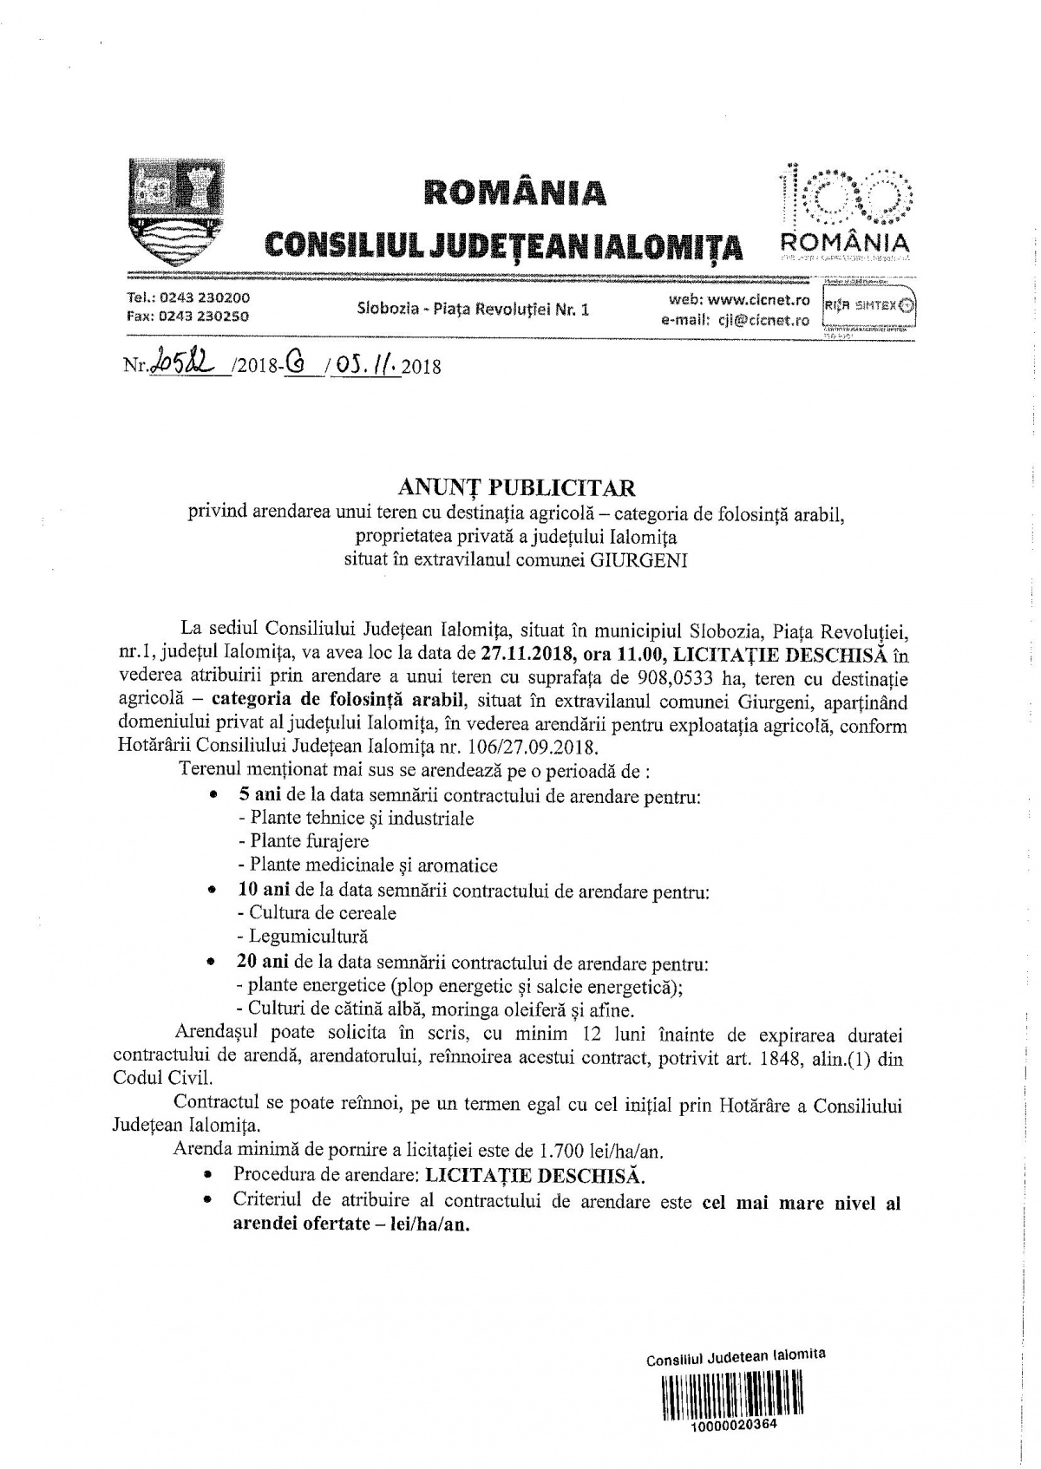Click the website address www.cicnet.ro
pos(757,300)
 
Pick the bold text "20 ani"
pos(264,963)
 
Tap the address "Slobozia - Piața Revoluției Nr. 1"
pos(473,309)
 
